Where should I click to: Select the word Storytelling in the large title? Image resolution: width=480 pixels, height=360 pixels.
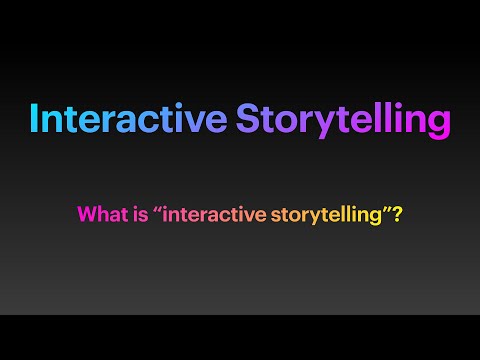pyautogui.click(x=343, y=119)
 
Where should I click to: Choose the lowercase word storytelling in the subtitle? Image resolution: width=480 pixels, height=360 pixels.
pyautogui.click(x=320, y=213)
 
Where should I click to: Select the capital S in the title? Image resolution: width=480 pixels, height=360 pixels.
pyautogui.click(x=248, y=119)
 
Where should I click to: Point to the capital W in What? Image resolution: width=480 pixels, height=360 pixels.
pyautogui.click(x=86, y=213)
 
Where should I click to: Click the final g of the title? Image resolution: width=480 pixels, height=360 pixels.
pyautogui.click(x=437, y=124)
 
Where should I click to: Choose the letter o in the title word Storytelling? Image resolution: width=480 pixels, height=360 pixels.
pyautogui.click(x=281, y=121)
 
